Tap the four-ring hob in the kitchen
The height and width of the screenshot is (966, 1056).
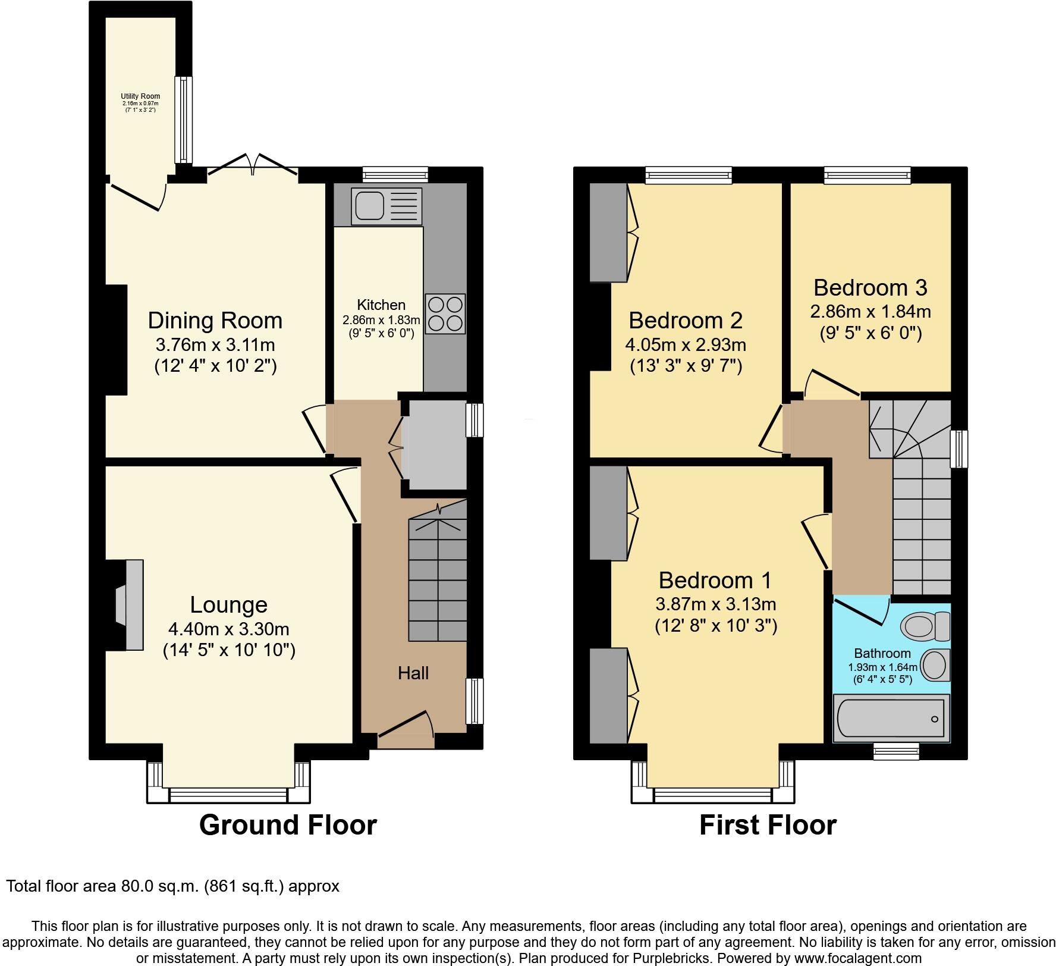point(445,313)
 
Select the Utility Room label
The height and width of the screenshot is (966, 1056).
point(140,96)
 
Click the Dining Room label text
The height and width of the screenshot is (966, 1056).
point(215,321)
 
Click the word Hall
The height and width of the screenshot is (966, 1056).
point(413,673)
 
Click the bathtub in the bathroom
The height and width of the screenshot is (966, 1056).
point(890,719)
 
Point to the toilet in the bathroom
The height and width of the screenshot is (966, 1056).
point(926,626)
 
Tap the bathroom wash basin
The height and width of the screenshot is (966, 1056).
point(935,664)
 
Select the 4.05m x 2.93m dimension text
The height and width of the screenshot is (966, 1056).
point(686,344)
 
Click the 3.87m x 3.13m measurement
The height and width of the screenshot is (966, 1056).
point(715,604)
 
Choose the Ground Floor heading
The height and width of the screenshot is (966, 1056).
point(288,825)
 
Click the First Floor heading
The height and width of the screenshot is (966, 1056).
point(768,825)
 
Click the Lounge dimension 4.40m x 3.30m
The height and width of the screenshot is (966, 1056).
point(229,629)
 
